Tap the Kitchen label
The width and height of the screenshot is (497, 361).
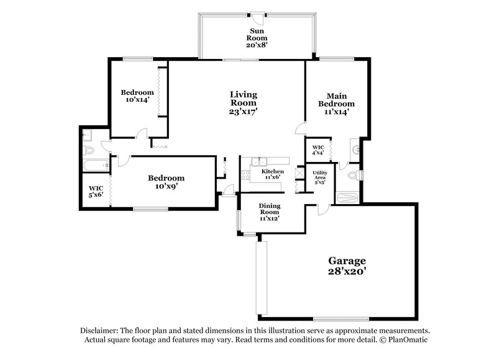point(272,171)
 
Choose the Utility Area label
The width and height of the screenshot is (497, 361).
point(320,177)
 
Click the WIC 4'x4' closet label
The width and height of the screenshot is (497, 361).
point(318,149)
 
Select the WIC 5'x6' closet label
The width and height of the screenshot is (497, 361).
point(95,191)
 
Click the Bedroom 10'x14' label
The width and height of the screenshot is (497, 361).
point(137,97)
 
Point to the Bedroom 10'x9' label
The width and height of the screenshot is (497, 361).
point(166,182)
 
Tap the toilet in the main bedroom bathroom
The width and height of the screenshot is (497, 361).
point(352,168)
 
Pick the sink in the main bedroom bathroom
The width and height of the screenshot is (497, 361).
point(355,149)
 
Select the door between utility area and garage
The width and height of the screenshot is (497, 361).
point(322,208)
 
